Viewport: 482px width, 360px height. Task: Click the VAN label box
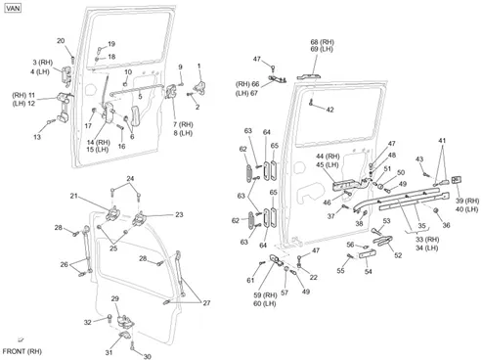click(x=13, y=8)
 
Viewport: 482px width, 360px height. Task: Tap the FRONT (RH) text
click(x=22, y=351)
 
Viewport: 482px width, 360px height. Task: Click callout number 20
click(x=61, y=41)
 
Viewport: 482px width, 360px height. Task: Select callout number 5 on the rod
click(x=140, y=97)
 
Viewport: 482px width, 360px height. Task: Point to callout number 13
click(x=37, y=137)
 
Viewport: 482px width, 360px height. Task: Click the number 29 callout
click(x=115, y=298)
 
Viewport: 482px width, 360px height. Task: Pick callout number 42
click(x=330, y=110)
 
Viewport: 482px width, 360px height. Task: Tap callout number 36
click(x=446, y=225)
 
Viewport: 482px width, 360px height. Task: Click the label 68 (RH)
click(x=323, y=42)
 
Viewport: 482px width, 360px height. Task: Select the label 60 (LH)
click(x=265, y=303)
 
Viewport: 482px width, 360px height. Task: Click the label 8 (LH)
click(x=183, y=133)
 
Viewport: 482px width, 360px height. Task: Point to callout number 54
click(x=369, y=271)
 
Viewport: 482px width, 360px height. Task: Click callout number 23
click(x=179, y=214)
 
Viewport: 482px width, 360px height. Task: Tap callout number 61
click(x=250, y=280)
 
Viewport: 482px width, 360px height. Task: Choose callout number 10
click(x=128, y=71)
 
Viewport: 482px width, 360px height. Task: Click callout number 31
click(x=109, y=352)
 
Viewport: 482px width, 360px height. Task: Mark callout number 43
click(x=419, y=159)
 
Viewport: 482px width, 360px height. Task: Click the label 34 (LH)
click(x=427, y=247)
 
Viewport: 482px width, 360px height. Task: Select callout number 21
click(x=74, y=196)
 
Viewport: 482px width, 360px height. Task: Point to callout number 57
click(x=285, y=292)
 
